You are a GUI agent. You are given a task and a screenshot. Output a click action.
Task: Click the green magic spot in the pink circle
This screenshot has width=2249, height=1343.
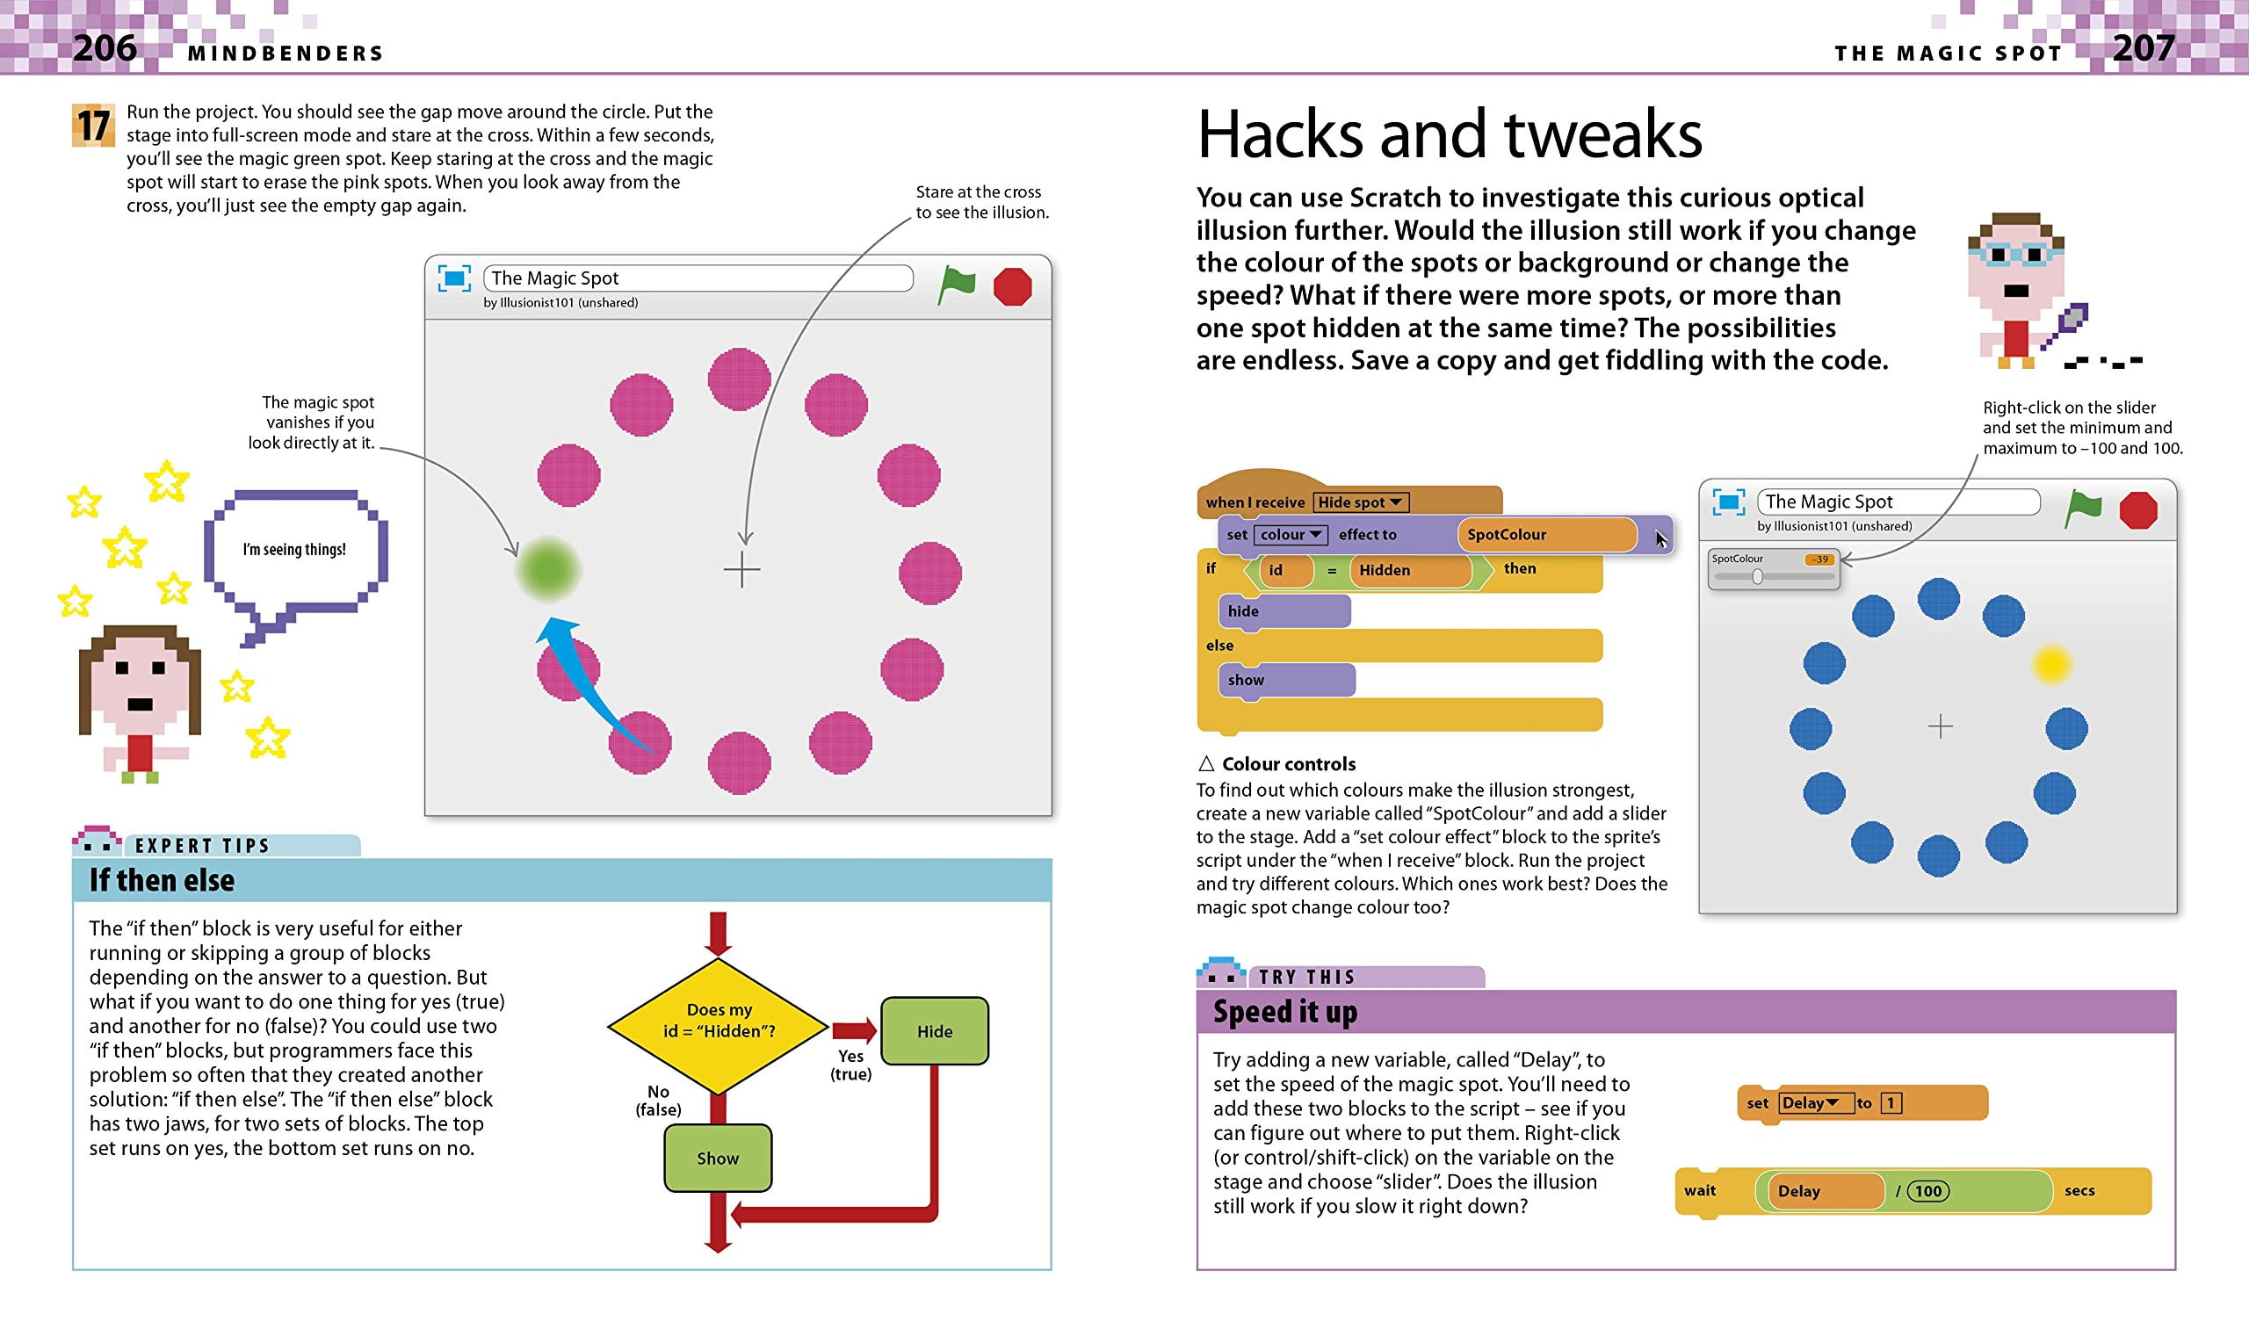click(x=547, y=569)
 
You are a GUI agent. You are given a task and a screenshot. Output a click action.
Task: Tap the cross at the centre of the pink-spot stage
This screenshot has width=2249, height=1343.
click(x=742, y=570)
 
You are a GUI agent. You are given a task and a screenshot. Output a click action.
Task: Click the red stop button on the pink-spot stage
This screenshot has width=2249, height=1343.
click(x=1013, y=287)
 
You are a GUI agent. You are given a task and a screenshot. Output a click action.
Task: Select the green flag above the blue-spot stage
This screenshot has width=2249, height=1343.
click(x=2082, y=509)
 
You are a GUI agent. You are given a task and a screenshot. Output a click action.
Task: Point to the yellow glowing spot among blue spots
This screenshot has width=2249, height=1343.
click(x=2051, y=665)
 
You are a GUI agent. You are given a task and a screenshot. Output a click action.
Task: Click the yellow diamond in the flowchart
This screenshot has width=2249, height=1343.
click(x=718, y=1027)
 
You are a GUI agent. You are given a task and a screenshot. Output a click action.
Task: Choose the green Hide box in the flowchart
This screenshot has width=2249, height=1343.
click(x=935, y=1031)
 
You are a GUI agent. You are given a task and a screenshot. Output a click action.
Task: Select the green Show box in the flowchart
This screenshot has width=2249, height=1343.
click(x=718, y=1159)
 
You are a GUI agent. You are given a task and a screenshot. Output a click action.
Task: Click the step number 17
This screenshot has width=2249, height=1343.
click(x=93, y=126)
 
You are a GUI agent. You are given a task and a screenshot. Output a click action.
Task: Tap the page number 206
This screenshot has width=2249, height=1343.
click(x=105, y=47)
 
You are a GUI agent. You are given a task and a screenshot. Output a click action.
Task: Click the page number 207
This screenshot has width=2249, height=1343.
click(x=2143, y=47)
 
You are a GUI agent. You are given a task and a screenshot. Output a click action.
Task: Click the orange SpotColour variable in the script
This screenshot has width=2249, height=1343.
click(x=1548, y=534)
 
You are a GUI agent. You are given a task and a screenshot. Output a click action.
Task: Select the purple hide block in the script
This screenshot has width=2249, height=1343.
click(x=1285, y=610)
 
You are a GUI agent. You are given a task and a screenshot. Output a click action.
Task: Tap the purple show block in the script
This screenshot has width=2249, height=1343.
click(x=1287, y=680)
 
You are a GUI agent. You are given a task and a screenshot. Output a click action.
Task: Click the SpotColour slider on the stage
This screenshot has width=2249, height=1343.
click(x=1774, y=569)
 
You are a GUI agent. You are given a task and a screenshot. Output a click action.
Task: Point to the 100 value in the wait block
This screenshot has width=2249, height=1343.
click(x=1928, y=1191)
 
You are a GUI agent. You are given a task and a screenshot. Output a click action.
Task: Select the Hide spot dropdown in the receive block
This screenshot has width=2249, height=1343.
click(x=1360, y=502)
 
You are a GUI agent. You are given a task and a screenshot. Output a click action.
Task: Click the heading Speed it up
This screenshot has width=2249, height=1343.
click(x=1285, y=1012)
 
